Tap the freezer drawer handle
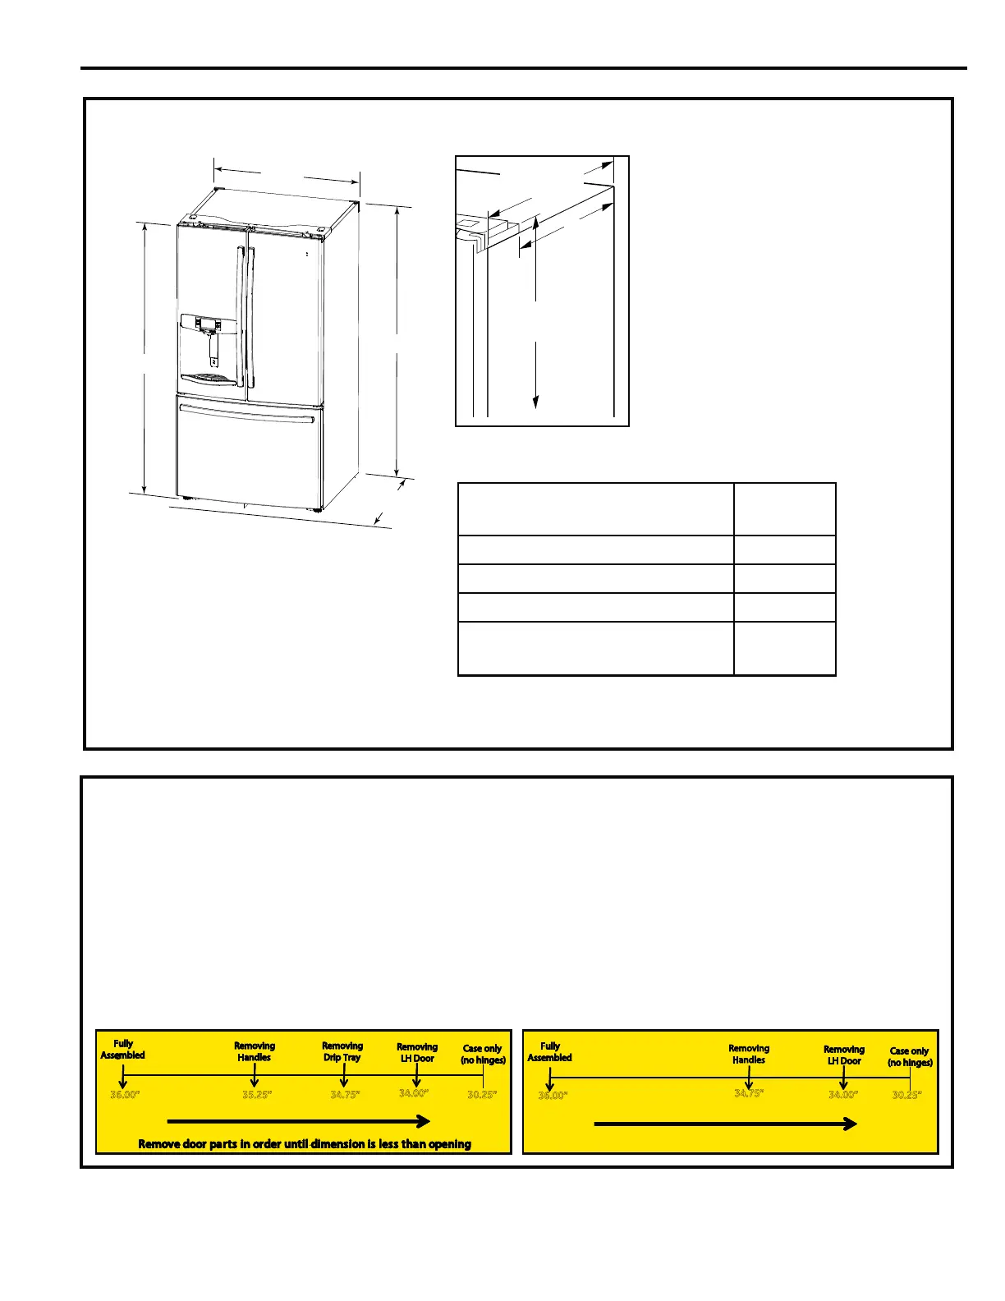[246, 413]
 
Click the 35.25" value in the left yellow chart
[257, 1095]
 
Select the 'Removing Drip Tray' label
[342, 1051]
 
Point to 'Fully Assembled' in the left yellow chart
[123, 1050]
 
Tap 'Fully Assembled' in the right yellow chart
[549, 1052]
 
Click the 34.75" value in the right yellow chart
[749, 1093]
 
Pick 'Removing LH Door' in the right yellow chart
[844, 1055]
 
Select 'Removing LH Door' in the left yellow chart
[417, 1053]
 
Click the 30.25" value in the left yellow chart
[482, 1095]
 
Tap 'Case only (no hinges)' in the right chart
[910, 1057]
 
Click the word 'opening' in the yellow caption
[450, 1144]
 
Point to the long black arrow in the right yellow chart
[725, 1124]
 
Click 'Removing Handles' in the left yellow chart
[255, 1051]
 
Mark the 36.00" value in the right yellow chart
[553, 1096]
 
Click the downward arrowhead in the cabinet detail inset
[535, 401]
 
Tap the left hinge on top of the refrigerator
[190, 218]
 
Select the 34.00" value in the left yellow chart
[414, 1093]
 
